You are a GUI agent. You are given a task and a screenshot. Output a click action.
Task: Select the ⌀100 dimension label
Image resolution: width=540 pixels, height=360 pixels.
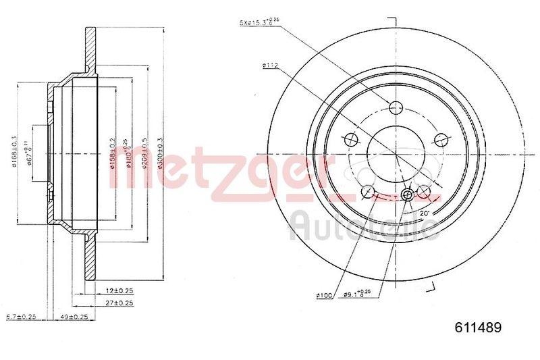click(325, 294)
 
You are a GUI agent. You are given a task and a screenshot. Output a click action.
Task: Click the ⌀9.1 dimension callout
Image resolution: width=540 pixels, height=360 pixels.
click(362, 294)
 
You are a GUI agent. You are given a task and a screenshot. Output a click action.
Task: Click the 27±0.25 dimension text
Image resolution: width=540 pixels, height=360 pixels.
click(117, 304)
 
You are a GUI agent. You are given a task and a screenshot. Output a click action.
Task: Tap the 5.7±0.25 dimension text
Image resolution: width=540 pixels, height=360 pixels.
click(21, 316)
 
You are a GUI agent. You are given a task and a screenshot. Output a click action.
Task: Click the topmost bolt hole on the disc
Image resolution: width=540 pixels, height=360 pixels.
click(396, 107)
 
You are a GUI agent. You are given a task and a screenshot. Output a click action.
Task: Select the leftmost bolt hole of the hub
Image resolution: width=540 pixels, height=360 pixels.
click(350, 140)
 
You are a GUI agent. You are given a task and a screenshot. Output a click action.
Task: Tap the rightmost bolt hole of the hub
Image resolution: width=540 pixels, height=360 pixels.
click(441, 139)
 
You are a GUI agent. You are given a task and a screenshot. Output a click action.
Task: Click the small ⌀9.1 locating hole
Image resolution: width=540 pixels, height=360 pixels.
click(407, 196)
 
